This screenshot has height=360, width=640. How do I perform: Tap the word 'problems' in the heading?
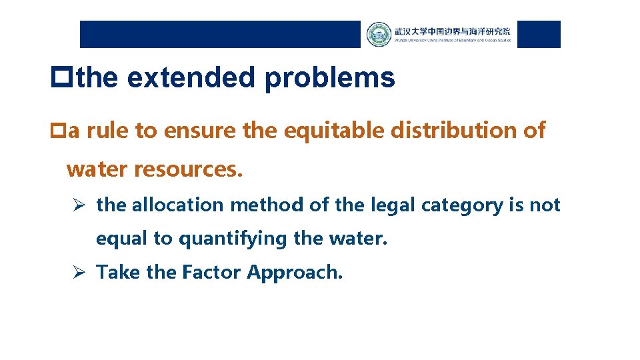(x=329, y=79)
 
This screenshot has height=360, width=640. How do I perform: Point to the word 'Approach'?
(x=294, y=272)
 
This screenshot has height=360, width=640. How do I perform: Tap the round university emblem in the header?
(x=379, y=35)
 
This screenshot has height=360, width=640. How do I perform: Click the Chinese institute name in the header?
(x=452, y=31)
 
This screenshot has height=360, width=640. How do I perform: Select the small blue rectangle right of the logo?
(x=539, y=35)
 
